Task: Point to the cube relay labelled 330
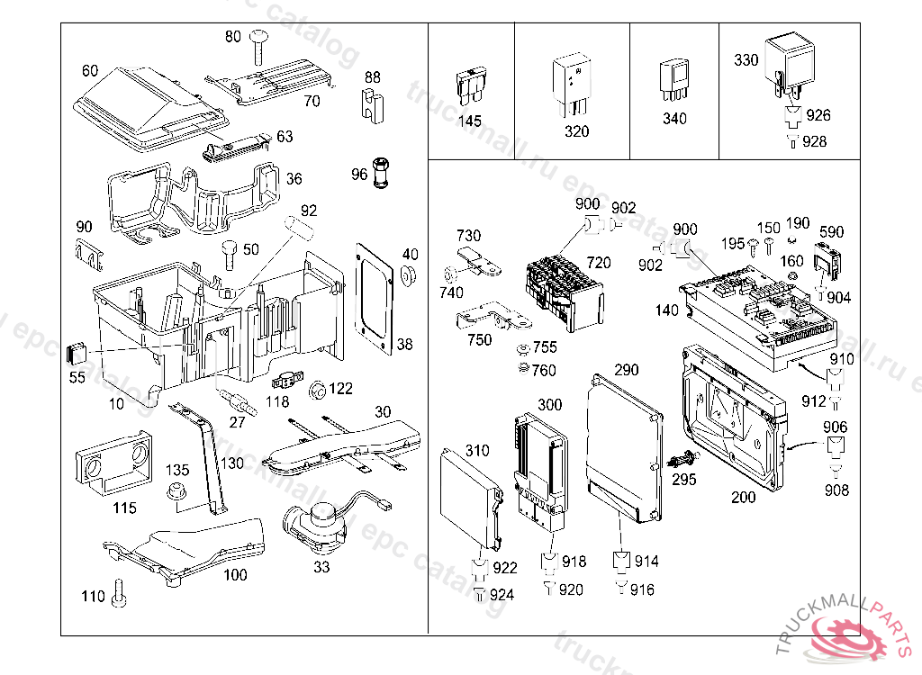click(x=788, y=59)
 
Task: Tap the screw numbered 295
click(x=680, y=459)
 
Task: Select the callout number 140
click(x=666, y=310)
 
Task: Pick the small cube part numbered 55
click(x=78, y=350)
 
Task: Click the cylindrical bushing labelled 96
click(x=381, y=171)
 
